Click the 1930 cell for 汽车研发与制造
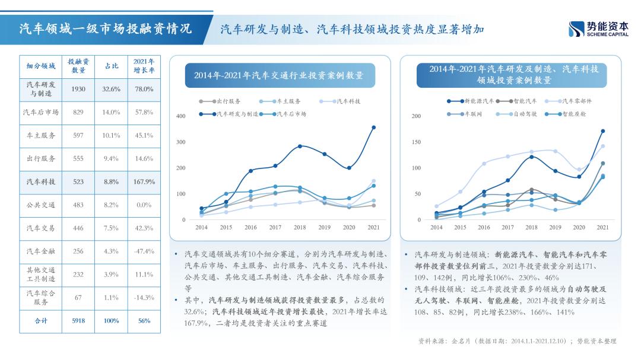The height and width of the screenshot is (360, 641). pyautogui.click(x=78, y=89)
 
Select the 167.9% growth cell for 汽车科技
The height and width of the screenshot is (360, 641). pyautogui.click(x=143, y=182)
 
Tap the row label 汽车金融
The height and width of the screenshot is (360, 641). pyautogui.click(x=41, y=251)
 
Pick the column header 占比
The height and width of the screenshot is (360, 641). pyautogui.click(x=111, y=65)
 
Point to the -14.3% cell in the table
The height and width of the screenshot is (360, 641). pyautogui.click(x=143, y=298)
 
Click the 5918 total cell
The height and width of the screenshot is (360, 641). pyautogui.click(x=78, y=321)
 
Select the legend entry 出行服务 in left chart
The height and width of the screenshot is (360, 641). pyautogui.click(x=226, y=101)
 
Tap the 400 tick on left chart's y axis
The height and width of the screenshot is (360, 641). pyautogui.click(x=181, y=116)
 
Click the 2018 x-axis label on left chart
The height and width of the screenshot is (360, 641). pyautogui.click(x=300, y=228)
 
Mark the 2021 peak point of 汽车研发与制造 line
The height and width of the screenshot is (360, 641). pyautogui.click(x=373, y=128)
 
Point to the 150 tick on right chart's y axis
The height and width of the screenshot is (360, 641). pyautogui.click(x=416, y=142)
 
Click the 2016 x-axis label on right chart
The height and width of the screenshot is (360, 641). pyautogui.click(x=484, y=228)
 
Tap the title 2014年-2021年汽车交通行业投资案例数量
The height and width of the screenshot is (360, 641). pyautogui.click(x=279, y=76)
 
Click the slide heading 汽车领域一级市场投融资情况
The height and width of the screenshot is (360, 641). pyautogui.click(x=106, y=28)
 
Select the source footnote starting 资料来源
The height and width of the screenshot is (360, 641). pyautogui.click(x=517, y=341)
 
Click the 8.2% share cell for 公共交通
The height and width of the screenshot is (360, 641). pyautogui.click(x=111, y=205)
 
